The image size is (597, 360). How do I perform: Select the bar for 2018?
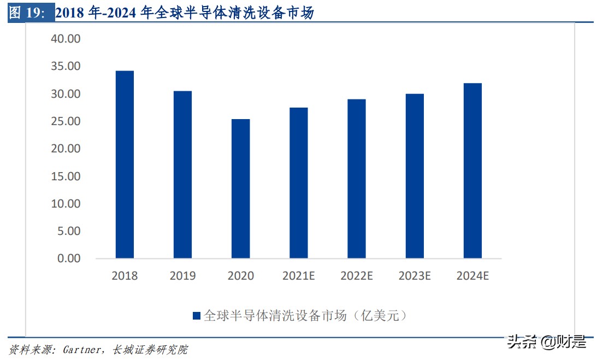[125, 164]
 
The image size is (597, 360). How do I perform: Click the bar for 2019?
[182, 174]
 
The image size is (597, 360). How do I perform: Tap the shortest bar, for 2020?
[240, 188]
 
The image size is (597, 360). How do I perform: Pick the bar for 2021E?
[299, 183]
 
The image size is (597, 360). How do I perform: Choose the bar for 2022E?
[357, 179]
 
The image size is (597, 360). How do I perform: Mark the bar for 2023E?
[415, 176]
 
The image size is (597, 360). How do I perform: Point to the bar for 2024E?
[472, 170]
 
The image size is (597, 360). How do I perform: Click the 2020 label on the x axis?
[240, 276]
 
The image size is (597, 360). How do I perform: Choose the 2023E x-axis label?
[415, 276]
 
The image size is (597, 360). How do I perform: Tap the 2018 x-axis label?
[125, 276]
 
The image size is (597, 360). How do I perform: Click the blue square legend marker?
[197, 316]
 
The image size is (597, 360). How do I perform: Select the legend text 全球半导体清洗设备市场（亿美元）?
[305, 316]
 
